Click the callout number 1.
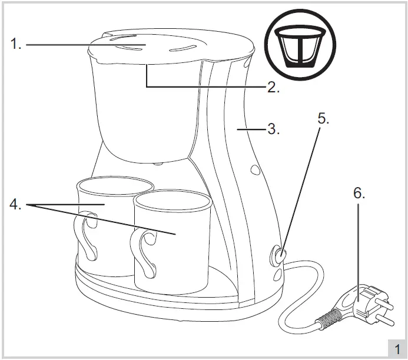16,44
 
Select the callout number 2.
273,88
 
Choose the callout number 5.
323,118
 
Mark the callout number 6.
359,194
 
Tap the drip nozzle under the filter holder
157,162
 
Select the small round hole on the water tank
255,171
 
